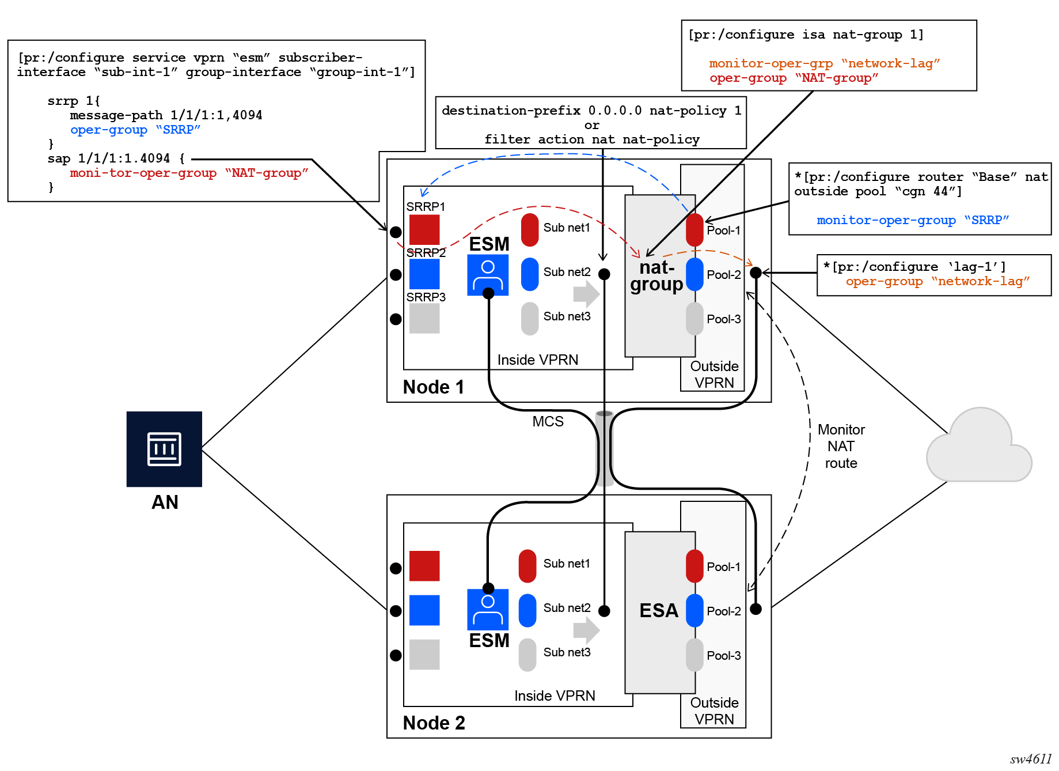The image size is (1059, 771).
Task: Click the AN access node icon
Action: pos(164,448)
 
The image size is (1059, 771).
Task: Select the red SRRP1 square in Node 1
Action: pos(424,229)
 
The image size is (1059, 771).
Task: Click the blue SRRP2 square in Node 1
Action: pos(424,274)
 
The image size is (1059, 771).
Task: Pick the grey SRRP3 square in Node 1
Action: pos(424,318)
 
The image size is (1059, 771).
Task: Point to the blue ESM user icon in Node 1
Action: pos(488,275)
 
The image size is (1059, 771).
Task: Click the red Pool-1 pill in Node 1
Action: pos(694,229)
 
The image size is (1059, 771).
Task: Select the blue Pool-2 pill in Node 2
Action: pos(694,610)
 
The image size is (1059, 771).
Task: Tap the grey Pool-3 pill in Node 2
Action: pos(694,655)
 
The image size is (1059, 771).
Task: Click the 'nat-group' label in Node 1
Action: pos(656,276)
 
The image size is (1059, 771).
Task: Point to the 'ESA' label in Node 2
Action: pos(659,610)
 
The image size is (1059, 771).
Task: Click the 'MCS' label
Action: pos(548,421)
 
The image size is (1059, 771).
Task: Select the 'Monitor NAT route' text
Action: pos(841,446)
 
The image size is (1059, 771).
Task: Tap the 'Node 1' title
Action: pos(433,387)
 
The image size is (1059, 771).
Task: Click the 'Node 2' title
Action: pos(434,723)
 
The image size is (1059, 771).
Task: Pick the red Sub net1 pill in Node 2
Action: pos(527,565)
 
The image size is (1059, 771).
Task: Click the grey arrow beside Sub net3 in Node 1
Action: pos(586,294)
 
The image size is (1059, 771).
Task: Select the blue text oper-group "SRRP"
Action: pos(135,130)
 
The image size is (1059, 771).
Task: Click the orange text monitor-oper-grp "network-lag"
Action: pos(824,63)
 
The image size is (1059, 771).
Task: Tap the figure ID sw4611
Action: pos(1031,759)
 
